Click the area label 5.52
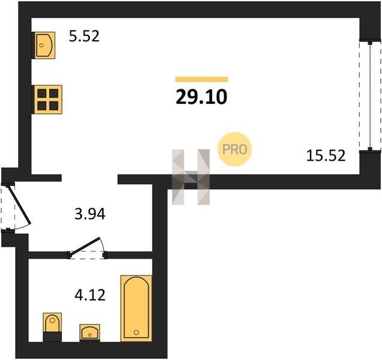point(84,36)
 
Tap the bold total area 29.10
point(201,97)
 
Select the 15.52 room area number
point(326,155)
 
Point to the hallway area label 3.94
point(90,214)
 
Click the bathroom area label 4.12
point(90,295)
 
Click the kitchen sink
point(44,45)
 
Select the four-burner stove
point(48,100)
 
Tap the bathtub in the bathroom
point(136,308)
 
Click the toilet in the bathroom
point(52,327)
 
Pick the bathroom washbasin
point(89,332)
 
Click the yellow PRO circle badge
point(234,149)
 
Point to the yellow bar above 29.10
point(202,79)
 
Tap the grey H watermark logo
point(191,177)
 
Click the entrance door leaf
point(19,205)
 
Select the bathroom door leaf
point(84,247)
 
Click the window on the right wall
point(370,96)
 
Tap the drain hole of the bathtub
point(136,332)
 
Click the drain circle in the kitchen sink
point(41,45)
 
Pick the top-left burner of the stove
point(42,93)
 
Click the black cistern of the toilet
point(52,337)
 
